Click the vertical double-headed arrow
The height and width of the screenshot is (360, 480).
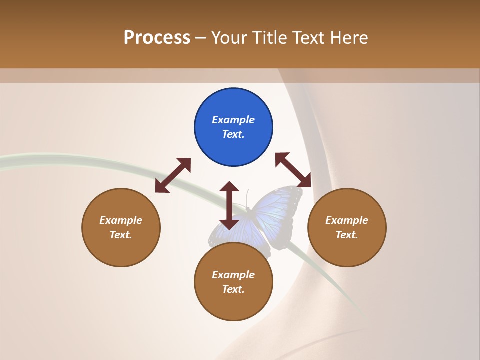229,205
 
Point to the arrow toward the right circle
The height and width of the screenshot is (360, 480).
293,170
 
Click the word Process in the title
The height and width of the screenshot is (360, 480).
157,38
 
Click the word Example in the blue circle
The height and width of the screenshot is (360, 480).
233,120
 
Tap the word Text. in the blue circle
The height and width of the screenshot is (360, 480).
233,134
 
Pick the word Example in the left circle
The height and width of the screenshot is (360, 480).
121,220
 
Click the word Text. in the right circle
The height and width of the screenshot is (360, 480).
347,235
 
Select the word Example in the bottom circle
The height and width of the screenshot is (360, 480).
233,275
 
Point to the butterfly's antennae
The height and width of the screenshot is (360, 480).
246,198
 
